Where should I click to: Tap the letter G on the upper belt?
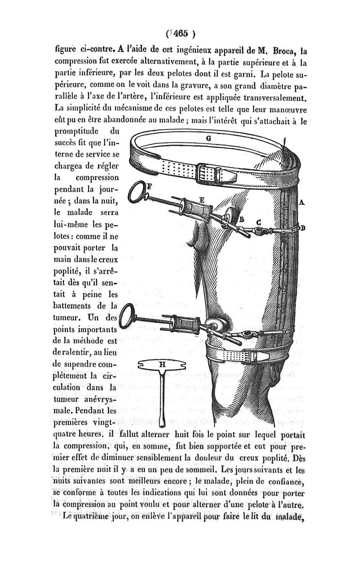pos(208,139)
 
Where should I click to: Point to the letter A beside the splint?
pos(301,203)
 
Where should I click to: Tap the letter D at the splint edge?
pos(303,228)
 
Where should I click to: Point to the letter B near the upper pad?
pos(242,219)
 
